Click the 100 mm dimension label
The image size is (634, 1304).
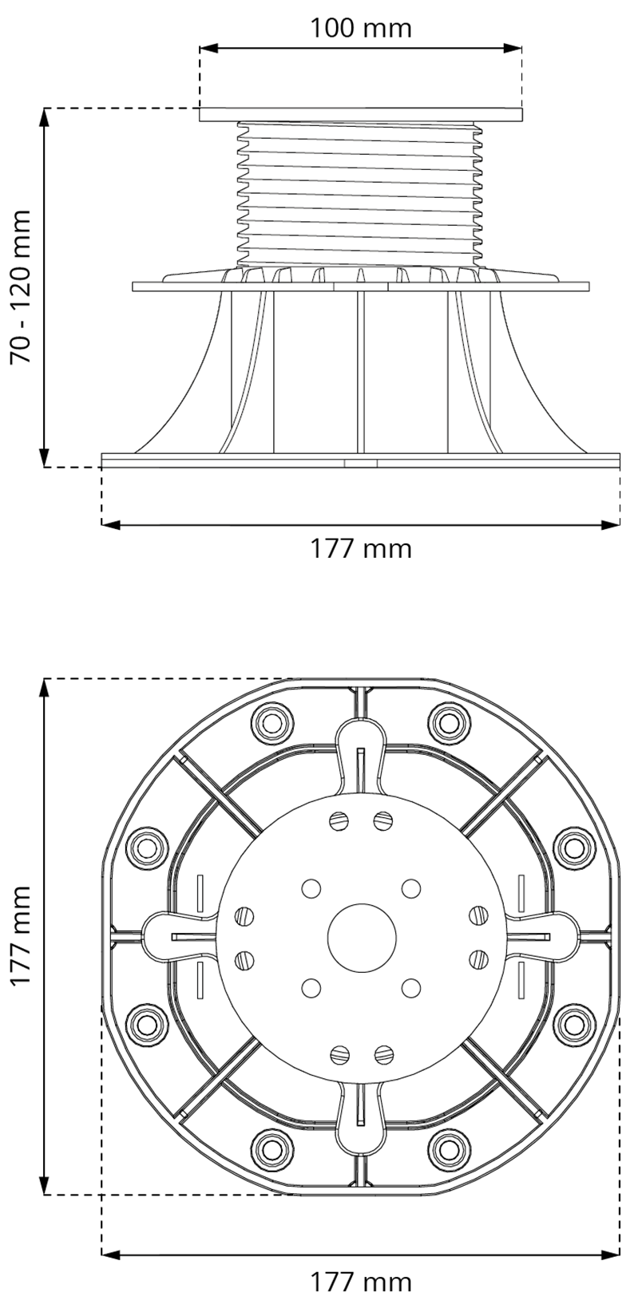(360, 27)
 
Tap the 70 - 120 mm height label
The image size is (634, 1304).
(21, 287)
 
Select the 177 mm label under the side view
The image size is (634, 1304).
(360, 548)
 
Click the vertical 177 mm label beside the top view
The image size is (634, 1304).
(21, 935)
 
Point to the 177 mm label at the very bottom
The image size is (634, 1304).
(360, 1282)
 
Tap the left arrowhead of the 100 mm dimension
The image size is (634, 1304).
(208, 48)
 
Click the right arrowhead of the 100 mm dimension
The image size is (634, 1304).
(512, 48)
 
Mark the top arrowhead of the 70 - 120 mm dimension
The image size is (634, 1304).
(44, 117)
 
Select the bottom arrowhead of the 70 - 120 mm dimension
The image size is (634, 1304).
(44, 457)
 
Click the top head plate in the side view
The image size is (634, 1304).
(361, 114)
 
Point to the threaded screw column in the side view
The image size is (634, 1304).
(361, 195)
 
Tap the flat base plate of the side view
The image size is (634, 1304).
(361, 460)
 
